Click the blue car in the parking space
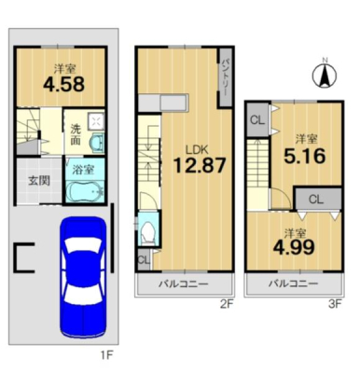pyautogui.click(x=83, y=277)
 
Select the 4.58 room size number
pyautogui.click(x=63, y=84)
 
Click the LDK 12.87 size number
pyautogui.click(x=199, y=165)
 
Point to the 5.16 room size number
pyautogui.click(x=304, y=156)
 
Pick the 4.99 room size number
pyautogui.click(x=294, y=247)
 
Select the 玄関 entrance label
pyautogui.click(x=39, y=181)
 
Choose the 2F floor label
pyautogui.click(x=227, y=304)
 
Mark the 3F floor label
pyautogui.click(x=335, y=304)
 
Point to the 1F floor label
pyautogui.click(x=106, y=354)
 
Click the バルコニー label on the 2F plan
pyautogui.click(x=183, y=283)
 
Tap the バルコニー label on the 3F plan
pyautogui.click(x=294, y=283)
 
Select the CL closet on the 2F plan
pyautogui.click(x=144, y=260)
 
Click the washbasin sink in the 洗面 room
pyautogui.click(x=97, y=144)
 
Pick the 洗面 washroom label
pyautogui.click(x=76, y=135)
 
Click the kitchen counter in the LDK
pyautogui.click(x=163, y=103)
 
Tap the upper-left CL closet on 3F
pyautogui.click(x=257, y=120)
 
